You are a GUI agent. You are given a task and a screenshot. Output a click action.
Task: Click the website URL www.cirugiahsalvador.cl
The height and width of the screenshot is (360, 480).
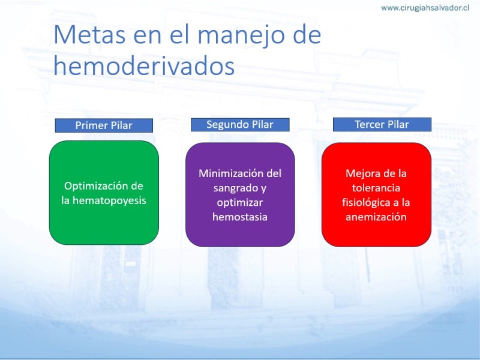click(425, 8)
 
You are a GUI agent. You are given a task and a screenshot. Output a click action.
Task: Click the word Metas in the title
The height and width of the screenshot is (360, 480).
click(89, 35)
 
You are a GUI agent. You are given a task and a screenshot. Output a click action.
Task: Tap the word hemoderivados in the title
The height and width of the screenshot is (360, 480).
click(144, 65)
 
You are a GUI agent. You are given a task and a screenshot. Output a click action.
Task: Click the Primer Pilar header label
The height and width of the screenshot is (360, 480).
click(104, 125)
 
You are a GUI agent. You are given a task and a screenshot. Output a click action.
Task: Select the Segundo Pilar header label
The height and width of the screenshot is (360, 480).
click(240, 125)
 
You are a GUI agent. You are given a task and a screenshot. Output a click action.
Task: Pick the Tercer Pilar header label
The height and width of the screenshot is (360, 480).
click(382, 124)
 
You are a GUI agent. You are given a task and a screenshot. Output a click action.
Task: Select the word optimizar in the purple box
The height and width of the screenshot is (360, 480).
click(239, 203)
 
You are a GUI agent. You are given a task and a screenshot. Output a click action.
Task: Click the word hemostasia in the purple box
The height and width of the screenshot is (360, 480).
click(239, 217)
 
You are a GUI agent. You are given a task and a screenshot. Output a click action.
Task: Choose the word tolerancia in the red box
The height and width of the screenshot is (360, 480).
click(376, 188)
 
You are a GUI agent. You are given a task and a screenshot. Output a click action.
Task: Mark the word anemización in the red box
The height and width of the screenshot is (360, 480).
click(376, 217)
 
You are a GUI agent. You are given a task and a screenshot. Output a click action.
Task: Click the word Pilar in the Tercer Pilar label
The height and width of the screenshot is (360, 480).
click(398, 124)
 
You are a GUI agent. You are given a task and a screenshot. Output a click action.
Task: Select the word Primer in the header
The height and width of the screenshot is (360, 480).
click(89, 125)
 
